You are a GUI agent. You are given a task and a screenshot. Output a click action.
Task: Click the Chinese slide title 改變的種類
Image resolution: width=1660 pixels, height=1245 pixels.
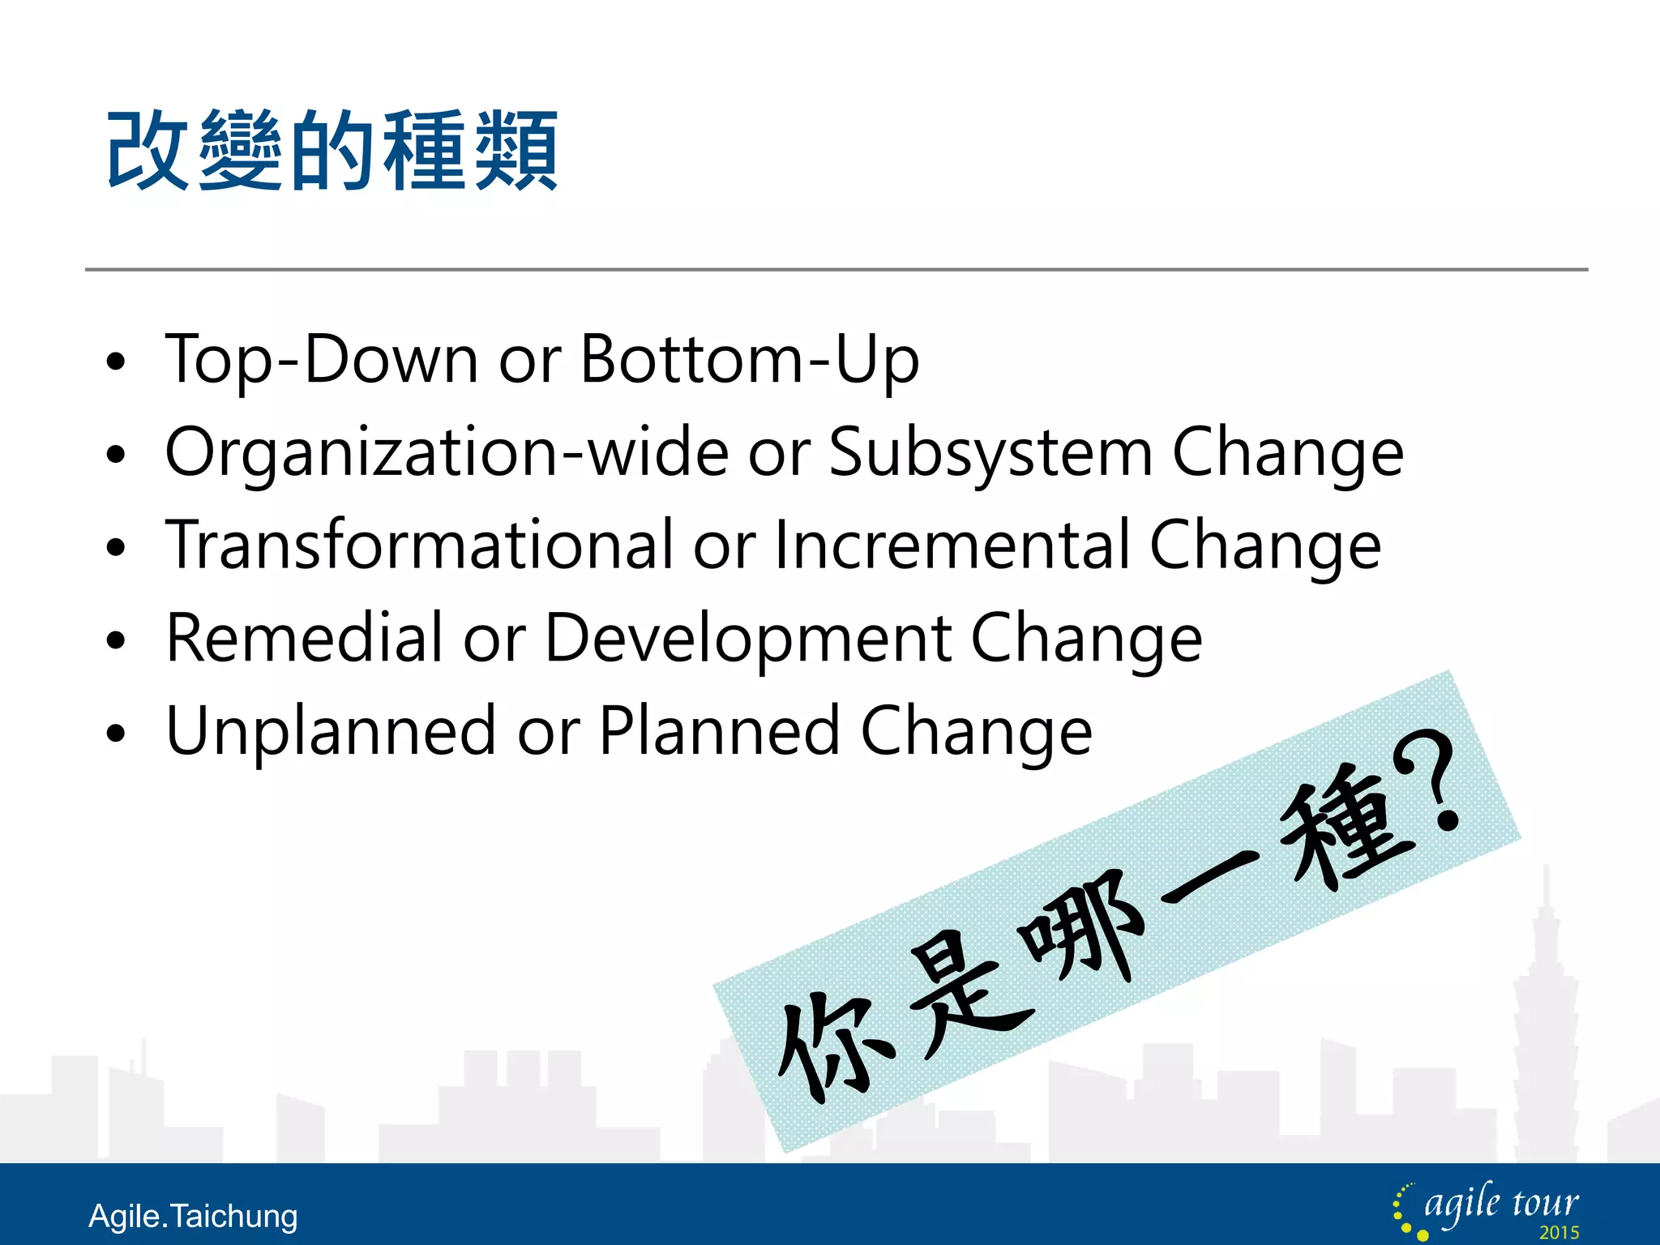click(332, 152)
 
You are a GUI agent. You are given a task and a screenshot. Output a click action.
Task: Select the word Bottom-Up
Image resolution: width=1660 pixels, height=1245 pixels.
click(750, 359)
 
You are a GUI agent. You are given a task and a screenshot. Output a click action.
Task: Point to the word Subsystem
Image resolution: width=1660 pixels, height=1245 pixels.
click(990, 452)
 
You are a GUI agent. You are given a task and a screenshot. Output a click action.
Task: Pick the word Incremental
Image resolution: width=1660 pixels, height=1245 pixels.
click(952, 545)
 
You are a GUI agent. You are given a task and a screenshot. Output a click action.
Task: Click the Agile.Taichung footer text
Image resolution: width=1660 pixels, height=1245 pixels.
click(193, 1217)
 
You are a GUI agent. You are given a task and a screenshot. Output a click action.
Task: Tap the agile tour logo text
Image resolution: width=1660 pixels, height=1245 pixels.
click(1500, 1204)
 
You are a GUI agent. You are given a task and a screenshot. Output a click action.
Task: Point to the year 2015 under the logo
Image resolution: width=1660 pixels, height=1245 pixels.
click(1559, 1233)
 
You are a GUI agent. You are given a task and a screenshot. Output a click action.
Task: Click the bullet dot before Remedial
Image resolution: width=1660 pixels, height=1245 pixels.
click(117, 640)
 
